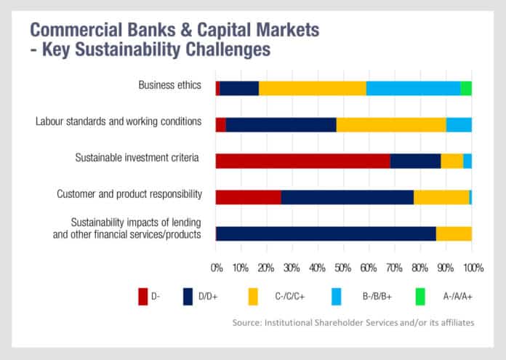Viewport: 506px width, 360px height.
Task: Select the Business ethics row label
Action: click(x=169, y=85)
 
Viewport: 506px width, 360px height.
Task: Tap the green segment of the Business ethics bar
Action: click(x=466, y=88)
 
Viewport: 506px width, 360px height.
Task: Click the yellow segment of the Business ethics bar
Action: click(x=313, y=88)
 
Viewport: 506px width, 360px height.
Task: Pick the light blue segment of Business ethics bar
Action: click(x=413, y=88)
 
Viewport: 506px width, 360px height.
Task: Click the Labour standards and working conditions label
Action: click(x=119, y=121)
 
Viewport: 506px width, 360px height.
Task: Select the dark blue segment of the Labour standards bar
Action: click(x=281, y=124)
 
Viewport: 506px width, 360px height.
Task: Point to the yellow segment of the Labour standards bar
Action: click(x=391, y=124)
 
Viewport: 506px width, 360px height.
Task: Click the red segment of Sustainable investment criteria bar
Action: click(x=302, y=161)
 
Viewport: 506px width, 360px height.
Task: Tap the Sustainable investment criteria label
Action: click(x=137, y=157)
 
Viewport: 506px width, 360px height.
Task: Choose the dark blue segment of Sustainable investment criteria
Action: click(x=415, y=161)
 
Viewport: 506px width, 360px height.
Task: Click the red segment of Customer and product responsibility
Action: click(x=248, y=197)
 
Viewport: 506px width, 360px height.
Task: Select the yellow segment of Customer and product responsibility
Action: click(x=441, y=197)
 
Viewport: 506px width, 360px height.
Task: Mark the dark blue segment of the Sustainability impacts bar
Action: click(x=326, y=233)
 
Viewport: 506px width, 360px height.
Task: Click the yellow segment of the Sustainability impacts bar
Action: click(x=454, y=233)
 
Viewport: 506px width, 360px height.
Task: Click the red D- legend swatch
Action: click(x=143, y=296)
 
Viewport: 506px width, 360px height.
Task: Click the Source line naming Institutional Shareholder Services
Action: click(x=353, y=321)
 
